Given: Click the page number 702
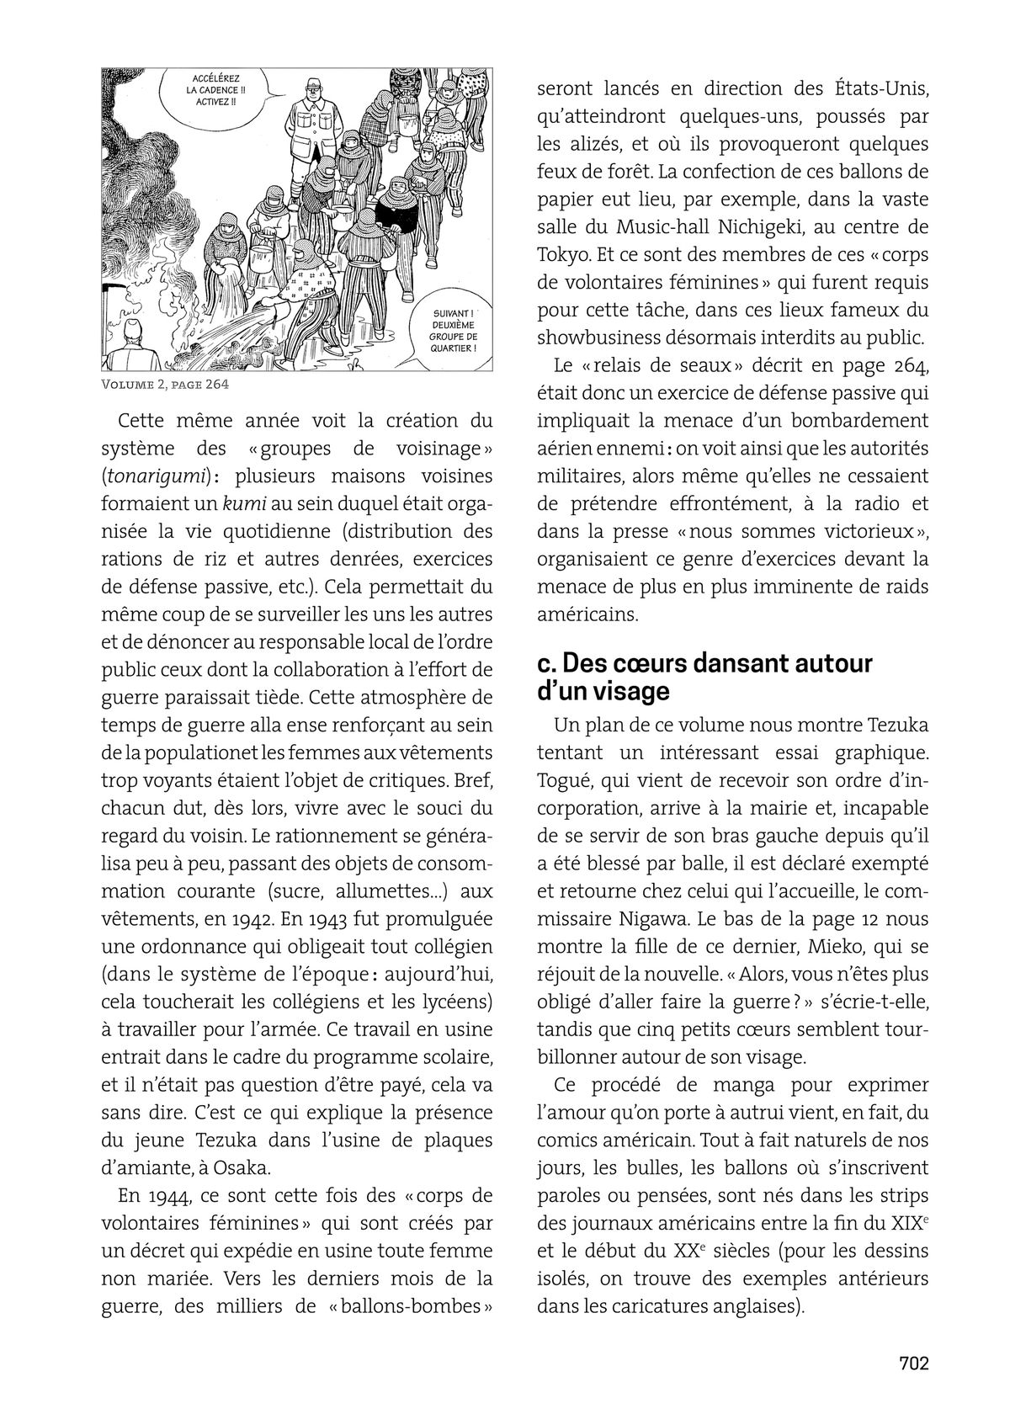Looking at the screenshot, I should click(913, 1363).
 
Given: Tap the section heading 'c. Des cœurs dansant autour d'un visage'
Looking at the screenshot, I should click(704, 677).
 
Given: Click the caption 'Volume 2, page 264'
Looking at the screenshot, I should click(165, 385).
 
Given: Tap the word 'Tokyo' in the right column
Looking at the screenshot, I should click(563, 255).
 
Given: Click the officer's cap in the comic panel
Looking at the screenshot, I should click(313, 86).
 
